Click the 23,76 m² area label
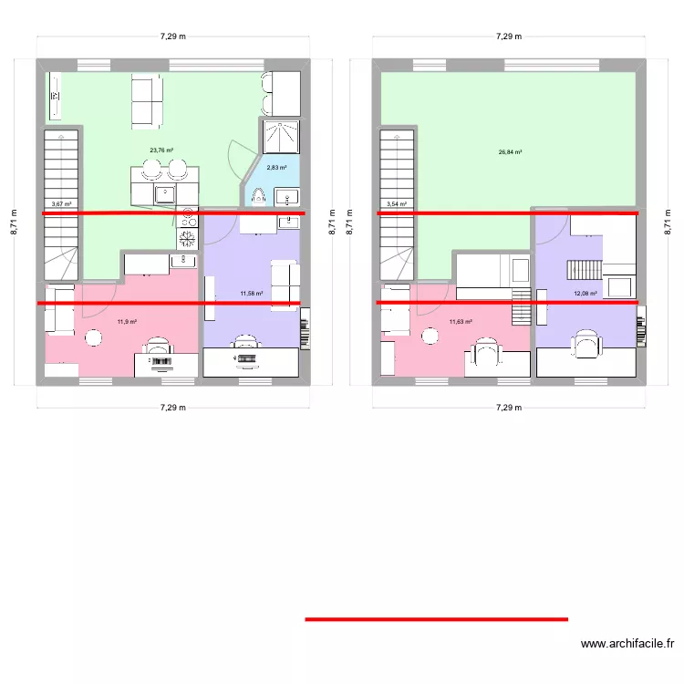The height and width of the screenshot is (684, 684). pos(161,150)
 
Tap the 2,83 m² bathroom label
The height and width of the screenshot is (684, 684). pos(276,167)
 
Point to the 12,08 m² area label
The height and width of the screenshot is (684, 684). pos(585,294)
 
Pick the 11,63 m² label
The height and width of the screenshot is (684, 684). pos(461,321)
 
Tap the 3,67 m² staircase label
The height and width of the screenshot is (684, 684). pos(61,204)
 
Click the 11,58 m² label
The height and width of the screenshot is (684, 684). pos(251,294)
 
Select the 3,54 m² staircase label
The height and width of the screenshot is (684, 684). pos(397,204)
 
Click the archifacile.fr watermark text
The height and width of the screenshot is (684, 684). pos(629,644)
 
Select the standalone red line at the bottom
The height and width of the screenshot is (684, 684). pos(436,619)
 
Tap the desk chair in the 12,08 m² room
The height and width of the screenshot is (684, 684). pos(585,344)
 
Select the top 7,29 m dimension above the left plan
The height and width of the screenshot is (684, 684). pos(172,37)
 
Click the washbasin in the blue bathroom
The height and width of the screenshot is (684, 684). pos(285,195)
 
